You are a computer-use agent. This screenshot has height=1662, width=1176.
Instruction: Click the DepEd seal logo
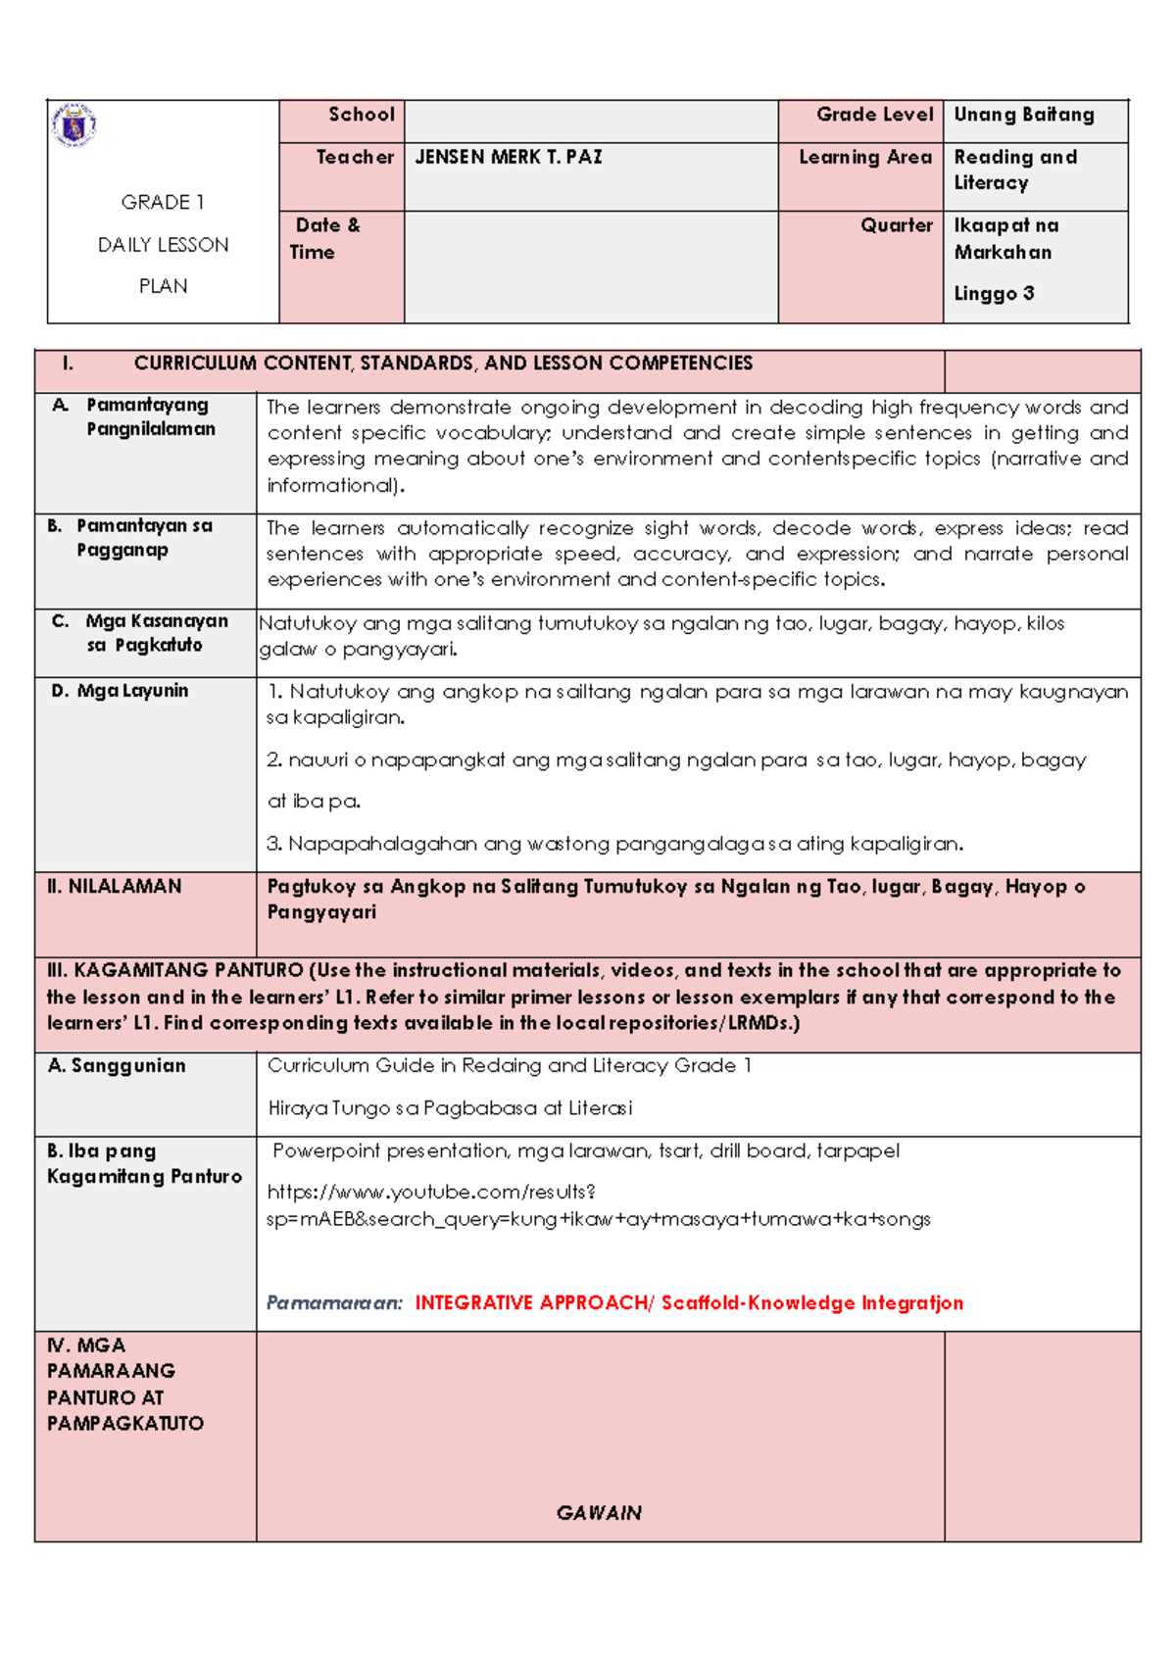pos(73,124)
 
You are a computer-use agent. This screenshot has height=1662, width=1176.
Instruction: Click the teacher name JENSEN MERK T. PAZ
pos(508,157)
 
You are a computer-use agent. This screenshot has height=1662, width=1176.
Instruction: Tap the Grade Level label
pos(874,115)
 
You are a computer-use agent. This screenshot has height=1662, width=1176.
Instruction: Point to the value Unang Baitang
pos(1023,115)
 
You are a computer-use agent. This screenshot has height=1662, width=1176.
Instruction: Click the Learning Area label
pos(864,157)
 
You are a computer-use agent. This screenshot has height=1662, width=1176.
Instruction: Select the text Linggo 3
pos(994,293)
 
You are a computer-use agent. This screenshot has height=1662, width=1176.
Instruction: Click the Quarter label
pos(896,225)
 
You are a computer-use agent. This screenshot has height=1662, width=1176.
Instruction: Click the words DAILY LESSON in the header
pos(163,245)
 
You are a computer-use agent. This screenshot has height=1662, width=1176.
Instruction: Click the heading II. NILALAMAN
pos(115,886)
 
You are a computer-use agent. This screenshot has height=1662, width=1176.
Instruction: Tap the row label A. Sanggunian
pos(117,1065)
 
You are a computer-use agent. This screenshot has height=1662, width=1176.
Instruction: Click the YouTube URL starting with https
pos(598,1205)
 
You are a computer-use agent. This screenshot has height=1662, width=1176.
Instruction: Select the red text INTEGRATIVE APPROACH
pos(530,1302)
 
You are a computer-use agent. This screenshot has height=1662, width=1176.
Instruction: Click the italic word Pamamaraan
pos(334,1302)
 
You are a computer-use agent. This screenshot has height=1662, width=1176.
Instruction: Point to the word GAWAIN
pos(599,1513)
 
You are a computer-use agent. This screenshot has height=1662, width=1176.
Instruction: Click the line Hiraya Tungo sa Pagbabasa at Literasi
pos(450,1108)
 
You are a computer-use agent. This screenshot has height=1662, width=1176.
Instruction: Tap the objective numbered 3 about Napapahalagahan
pos(615,844)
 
